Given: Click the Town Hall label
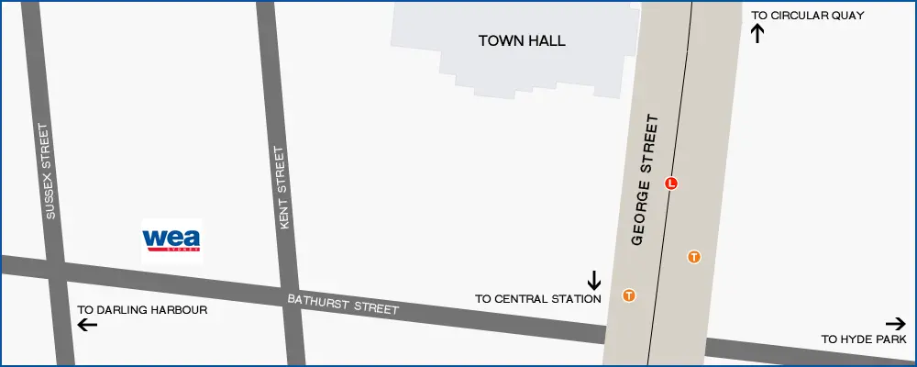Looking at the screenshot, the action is click(522, 41).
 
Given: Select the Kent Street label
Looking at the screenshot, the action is click(282, 188).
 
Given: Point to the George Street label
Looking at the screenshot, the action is click(646, 180).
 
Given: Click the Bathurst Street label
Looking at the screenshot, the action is click(343, 304).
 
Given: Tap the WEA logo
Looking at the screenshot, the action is click(171, 240).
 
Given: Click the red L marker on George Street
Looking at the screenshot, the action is click(671, 183).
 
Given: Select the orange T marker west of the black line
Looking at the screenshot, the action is click(629, 295).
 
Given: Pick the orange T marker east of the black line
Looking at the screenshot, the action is click(694, 257).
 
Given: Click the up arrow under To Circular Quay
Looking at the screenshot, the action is click(757, 34).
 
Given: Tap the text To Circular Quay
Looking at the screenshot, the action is click(807, 16).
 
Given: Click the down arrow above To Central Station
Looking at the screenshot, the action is click(594, 279).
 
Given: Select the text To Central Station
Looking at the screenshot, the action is click(537, 299).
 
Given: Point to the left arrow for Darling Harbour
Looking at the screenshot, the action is click(87, 325).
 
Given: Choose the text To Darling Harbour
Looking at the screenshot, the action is click(142, 310).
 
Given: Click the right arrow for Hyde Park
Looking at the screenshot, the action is click(896, 323).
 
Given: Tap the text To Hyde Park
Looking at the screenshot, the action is click(863, 339).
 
